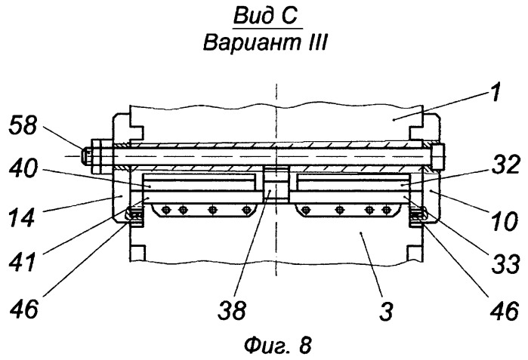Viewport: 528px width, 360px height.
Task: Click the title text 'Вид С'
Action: [x=266, y=16]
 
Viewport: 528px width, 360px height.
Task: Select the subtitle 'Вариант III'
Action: [x=264, y=42]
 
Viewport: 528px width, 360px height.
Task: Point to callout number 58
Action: [x=23, y=125]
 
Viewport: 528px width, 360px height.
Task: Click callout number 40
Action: [x=23, y=168]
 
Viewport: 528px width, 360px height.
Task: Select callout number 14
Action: [x=22, y=217]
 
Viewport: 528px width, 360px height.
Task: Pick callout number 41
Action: [x=22, y=262]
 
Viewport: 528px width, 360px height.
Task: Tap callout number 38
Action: [x=232, y=310]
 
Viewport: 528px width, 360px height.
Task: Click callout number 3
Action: [x=386, y=310]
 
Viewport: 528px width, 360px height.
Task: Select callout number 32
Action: [x=506, y=165]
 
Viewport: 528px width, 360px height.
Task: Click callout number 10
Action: [x=504, y=221]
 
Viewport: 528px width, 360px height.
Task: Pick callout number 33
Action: [x=506, y=264]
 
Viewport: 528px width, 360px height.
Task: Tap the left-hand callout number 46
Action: [x=23, y=309]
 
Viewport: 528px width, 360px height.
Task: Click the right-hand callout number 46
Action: [x=503, y=310]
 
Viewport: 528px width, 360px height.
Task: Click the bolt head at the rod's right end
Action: [x=438, y=156]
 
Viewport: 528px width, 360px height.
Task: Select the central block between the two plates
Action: [x=276, y=184]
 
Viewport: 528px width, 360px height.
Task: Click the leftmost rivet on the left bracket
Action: [x=165, y=211]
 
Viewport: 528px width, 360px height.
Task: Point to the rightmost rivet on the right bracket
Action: [x=385, y=211]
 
